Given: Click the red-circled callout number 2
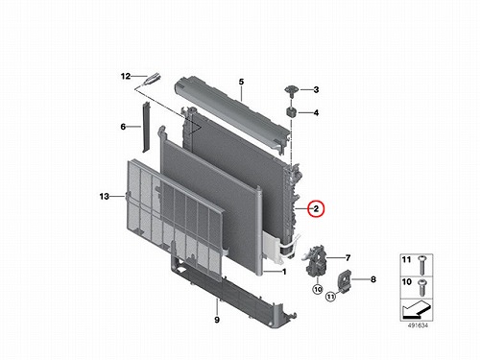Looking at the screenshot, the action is pyautogui.click(x=316, y=208).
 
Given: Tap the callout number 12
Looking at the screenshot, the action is pyautogui.click(x=126, y=76).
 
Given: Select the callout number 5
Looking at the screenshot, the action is pyautogui.click(x=241, y=82).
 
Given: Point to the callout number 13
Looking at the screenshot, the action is pyautogui.click(x=105, y=196).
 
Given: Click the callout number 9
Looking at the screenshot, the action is pyautogui.click(x=217, y=320).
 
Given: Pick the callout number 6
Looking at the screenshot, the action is pyautogui.click(x=123, y=127).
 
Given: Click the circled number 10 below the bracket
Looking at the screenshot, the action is pyautogui.click(x=318, y=290).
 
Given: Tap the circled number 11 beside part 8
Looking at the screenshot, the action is pyautogui.click(x=330, y=297).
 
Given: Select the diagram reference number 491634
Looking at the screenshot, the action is pyautogui.click(x=418, y=325).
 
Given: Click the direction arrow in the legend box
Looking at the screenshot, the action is pyautogui.click(x=416, y=310).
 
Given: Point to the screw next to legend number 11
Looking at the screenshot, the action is pyautogui.click(x=421, y=265).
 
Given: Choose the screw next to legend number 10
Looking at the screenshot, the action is pyautogui.click(x=421, y=287).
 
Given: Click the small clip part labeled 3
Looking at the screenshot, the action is pyautogui.click(x=292, y=90).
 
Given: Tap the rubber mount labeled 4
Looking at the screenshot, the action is pyautogui.click(x=291, y=112).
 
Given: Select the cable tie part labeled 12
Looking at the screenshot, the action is pyautogui.click(x=151, y=79).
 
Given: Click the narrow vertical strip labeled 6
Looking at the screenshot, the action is pyautogui.click(x=146, y=127).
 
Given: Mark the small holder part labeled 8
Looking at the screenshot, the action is pyautogui.click(x=345, y=281).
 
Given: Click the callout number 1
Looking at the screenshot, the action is pyautogui.click(x=284, y=272).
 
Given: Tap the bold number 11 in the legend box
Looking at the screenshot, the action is pyautogui.click(x=406, y=259).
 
